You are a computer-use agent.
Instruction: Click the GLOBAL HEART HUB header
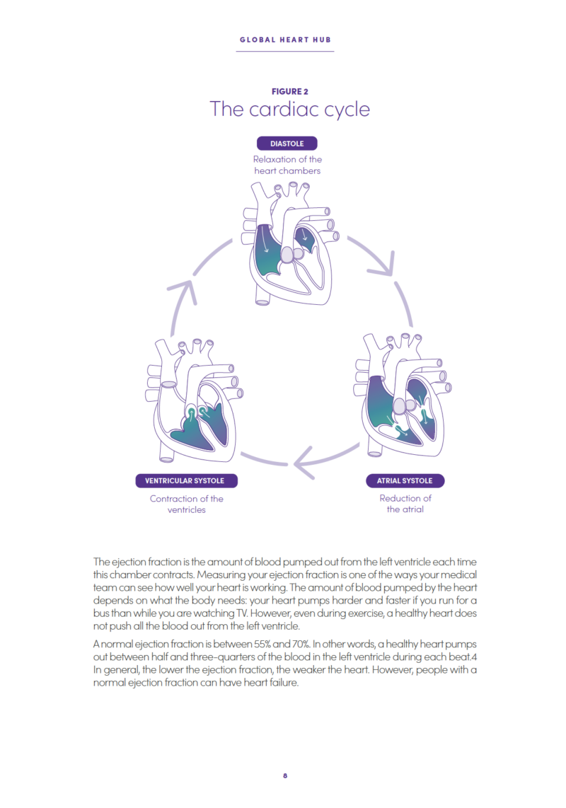coord(285,40)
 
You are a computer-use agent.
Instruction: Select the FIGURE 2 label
coord(289,91)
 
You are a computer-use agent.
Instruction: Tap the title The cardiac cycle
coord(289,110)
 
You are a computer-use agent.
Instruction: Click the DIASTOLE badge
coord(287,144)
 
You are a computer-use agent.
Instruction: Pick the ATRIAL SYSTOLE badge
coord(405,481)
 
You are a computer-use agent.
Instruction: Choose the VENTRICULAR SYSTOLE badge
coord(185,481)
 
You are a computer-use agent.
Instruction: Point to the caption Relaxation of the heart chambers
coord(287,165)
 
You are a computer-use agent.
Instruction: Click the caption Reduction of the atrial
coord(405,504)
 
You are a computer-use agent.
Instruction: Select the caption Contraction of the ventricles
coord(187,504)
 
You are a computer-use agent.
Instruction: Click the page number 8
coord(285,775)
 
